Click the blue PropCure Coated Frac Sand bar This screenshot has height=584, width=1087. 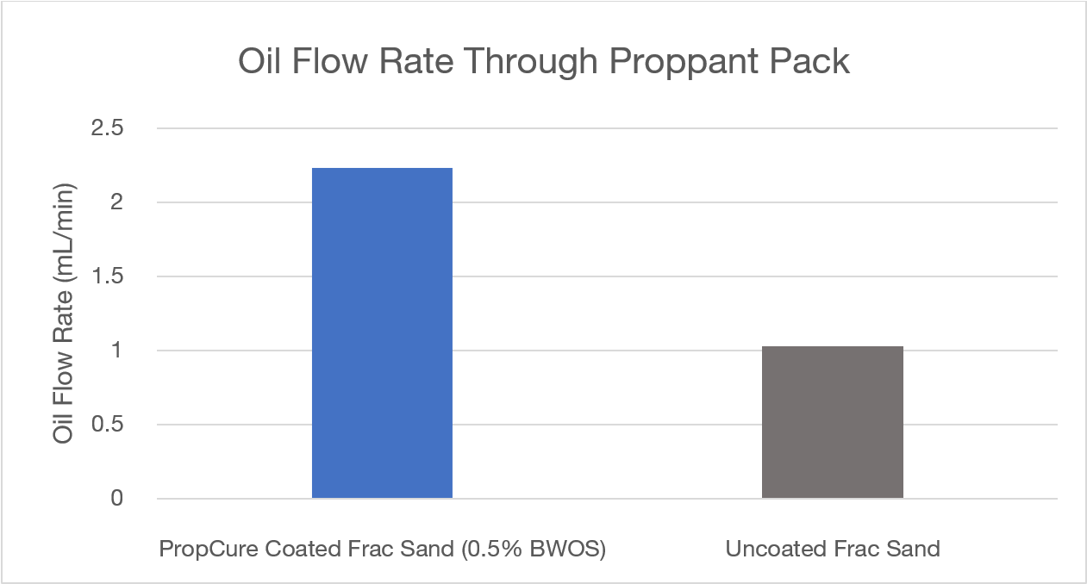coord(382,333)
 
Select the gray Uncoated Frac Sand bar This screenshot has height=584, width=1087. coord(832,422)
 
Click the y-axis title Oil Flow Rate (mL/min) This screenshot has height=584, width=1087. coord(64,313)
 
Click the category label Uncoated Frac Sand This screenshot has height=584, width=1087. coord(832,549)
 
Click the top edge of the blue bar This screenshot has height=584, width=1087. coord(382,169)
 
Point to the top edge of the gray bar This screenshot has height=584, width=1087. coord(832,347)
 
